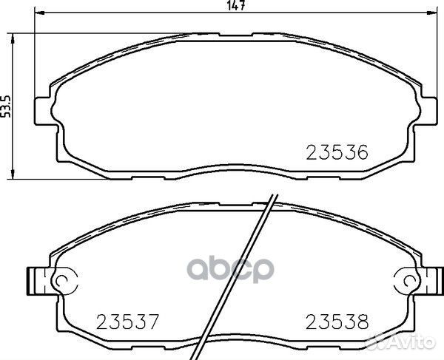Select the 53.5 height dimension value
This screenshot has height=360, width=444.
[x=6, y=106]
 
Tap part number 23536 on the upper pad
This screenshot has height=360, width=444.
[x=337, y=153]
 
